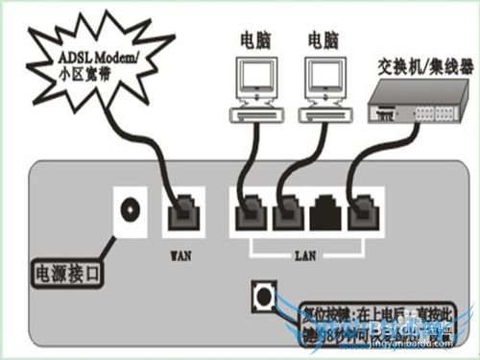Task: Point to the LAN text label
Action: [303, 256]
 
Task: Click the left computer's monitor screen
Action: [254, 78]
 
